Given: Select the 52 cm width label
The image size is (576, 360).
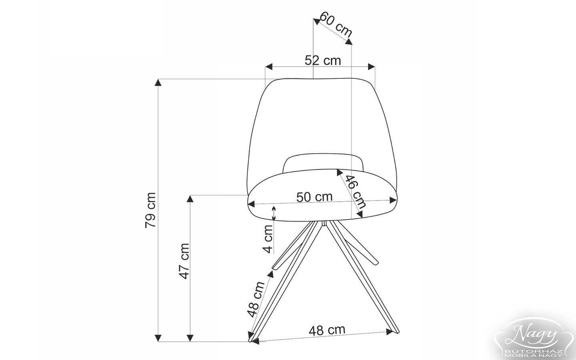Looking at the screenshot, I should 322,60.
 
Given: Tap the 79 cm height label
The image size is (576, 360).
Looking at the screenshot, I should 150,210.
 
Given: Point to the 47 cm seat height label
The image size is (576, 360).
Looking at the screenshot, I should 184,261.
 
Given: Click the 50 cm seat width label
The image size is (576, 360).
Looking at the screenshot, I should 314,197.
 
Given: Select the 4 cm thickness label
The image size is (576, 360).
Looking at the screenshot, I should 268,238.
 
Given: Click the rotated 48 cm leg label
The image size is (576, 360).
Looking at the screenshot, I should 256,298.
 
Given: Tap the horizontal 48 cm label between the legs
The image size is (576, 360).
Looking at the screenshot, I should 327,330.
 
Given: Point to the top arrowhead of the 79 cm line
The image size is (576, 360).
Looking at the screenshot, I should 158,82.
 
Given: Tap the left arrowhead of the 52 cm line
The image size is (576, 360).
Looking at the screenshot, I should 269,66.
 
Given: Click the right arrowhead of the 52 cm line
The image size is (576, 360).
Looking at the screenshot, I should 372,66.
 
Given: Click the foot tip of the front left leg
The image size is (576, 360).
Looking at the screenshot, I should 251,340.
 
